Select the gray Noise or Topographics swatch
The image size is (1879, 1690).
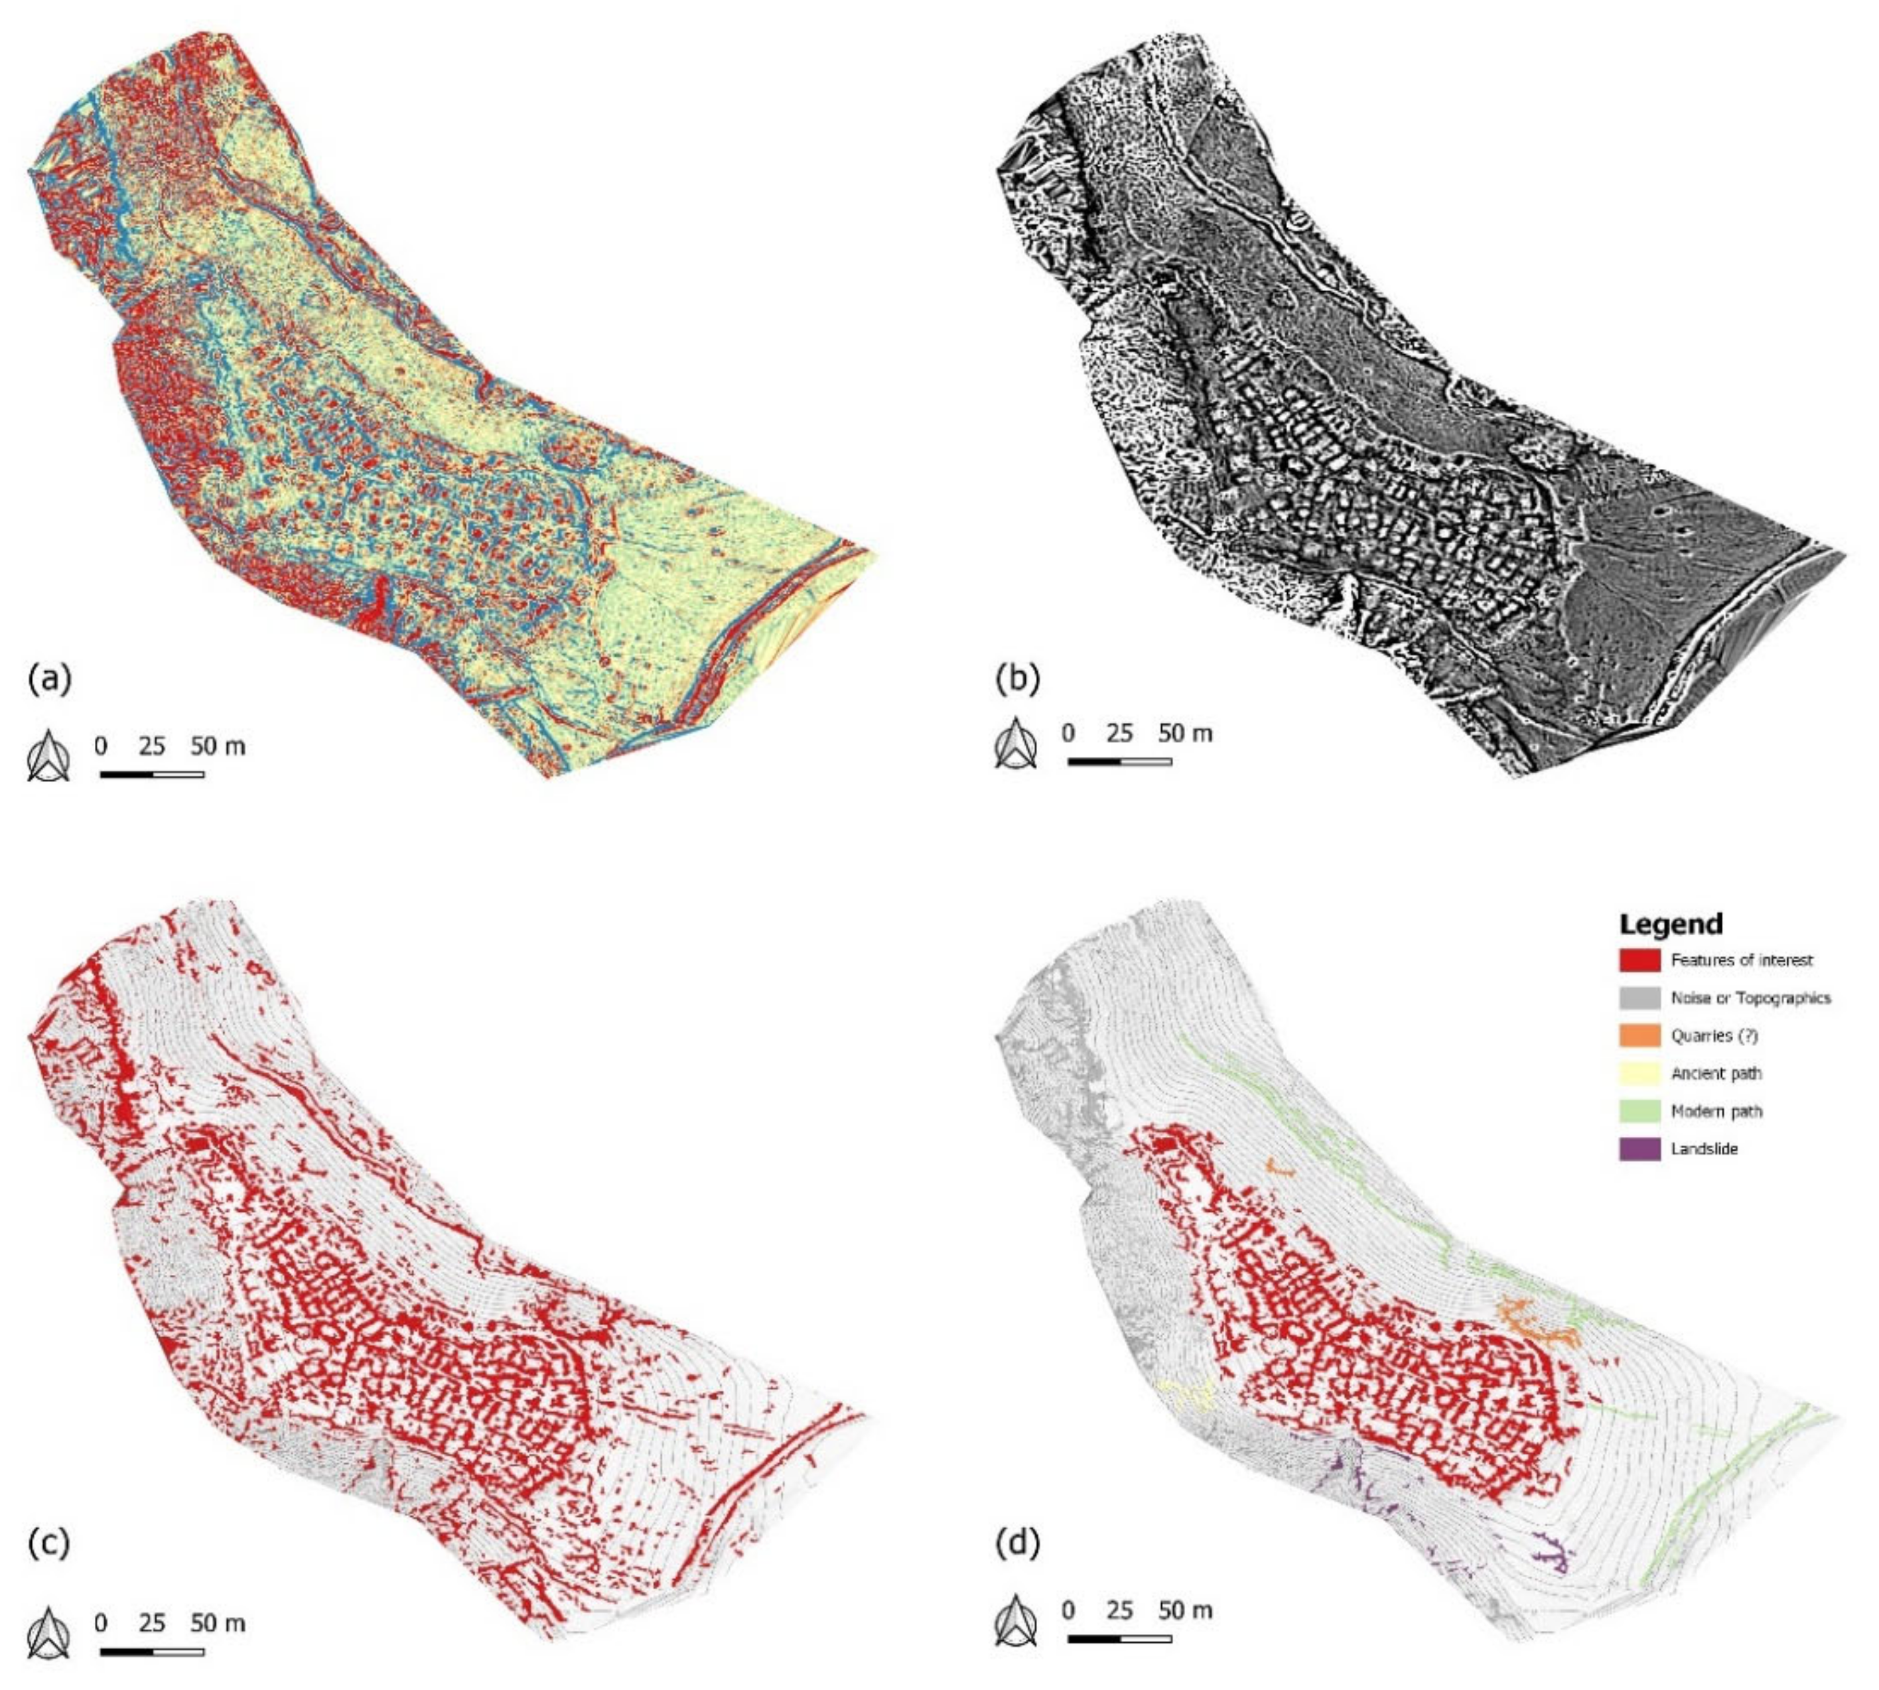[x=1638, y=998]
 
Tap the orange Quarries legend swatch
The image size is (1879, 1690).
[x=1638, y=1035]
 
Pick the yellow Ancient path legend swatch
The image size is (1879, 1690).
[x=1638, y=1073]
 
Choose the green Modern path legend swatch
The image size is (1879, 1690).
[x=1638, y=1110]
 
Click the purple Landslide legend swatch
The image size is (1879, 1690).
[x=1638, y=1149]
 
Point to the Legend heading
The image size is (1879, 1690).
[x=1670, y=924]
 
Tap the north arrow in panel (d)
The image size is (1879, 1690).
[x=1016, y=1620]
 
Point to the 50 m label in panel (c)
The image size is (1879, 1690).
[x=218, y=1622]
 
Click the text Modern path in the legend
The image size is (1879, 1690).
[x=1716, y=1110]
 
